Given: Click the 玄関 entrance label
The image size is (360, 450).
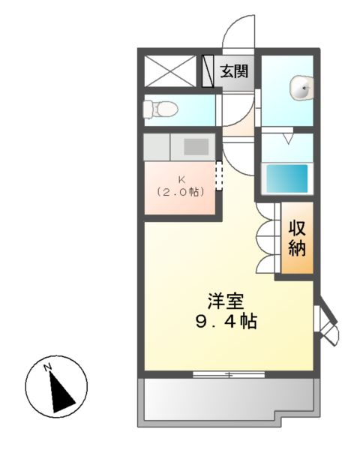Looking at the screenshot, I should (234, 72).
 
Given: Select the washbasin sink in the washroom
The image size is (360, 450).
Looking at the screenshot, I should (301, 88).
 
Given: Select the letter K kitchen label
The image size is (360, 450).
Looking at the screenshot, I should (181, 178).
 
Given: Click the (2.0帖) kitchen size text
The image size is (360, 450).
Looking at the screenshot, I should (181, 192).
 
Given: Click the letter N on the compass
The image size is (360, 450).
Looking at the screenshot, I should (46, 367).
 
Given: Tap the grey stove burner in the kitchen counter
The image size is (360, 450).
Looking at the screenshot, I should (195, 146).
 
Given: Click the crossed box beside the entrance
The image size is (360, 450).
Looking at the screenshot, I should (170, 72).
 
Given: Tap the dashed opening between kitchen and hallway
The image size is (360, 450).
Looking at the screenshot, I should (219, 176).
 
